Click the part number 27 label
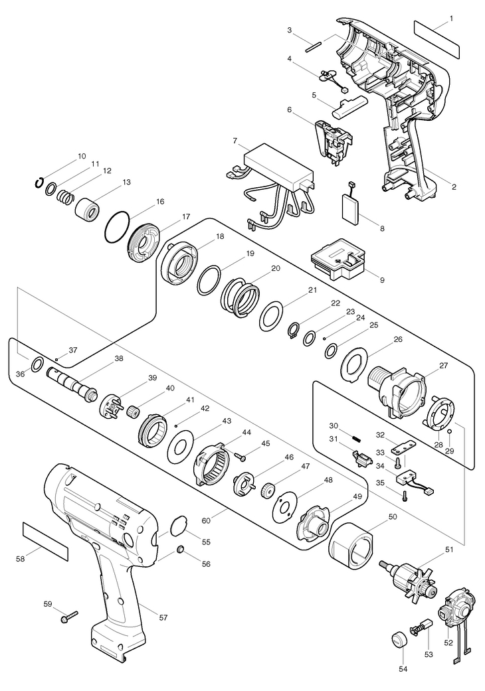[442, 365]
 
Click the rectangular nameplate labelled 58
[46, 541]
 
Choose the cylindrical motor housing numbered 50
[352, 546]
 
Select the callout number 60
[206, 520]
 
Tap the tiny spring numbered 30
[357, 438]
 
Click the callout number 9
[382, 280]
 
